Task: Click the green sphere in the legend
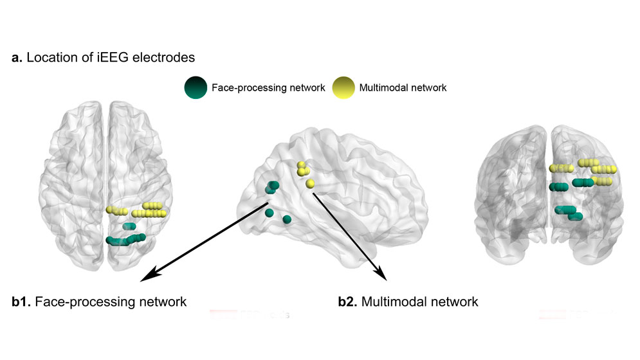195,87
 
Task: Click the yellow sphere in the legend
343,87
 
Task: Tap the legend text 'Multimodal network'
403,88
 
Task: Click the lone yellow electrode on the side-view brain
311,184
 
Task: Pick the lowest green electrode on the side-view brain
287,220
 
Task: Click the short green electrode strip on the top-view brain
129,226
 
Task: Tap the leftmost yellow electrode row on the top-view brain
117,211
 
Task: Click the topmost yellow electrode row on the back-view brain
588,163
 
